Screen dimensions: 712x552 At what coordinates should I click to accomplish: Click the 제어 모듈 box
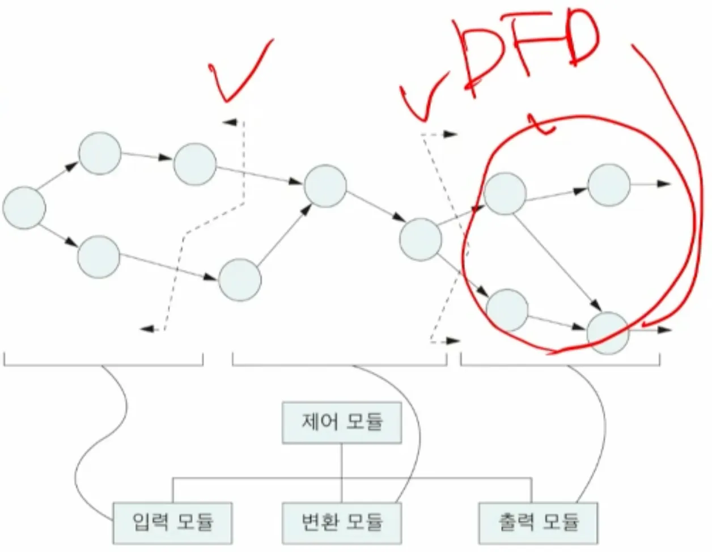tap(342, 422)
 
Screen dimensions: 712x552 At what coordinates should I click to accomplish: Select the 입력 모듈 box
tap(172, 522)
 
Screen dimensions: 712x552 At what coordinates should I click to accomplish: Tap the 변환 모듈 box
tap(342, 522)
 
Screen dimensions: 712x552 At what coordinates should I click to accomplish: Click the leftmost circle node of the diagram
tap(24, 207)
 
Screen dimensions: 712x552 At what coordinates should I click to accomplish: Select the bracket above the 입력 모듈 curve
tap(103, 360)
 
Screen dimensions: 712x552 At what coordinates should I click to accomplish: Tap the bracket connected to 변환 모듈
tap(340, 360)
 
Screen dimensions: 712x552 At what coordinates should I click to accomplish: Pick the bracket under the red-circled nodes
tap(560, 360)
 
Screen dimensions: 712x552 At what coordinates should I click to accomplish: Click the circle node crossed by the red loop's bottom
tap(608, 333)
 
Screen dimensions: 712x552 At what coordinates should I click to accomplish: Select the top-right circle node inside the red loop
tap(609, 185)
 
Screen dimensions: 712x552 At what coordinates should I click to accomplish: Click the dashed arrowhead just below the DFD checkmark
tap(450, 134)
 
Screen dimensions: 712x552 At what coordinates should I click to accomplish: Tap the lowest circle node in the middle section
tap(240, 279)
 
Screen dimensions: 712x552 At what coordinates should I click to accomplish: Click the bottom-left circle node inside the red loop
tap(507, 310)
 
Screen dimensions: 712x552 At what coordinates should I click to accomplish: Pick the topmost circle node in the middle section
tap(325, 186)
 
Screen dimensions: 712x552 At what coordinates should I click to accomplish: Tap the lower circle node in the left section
tap(99, 257)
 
